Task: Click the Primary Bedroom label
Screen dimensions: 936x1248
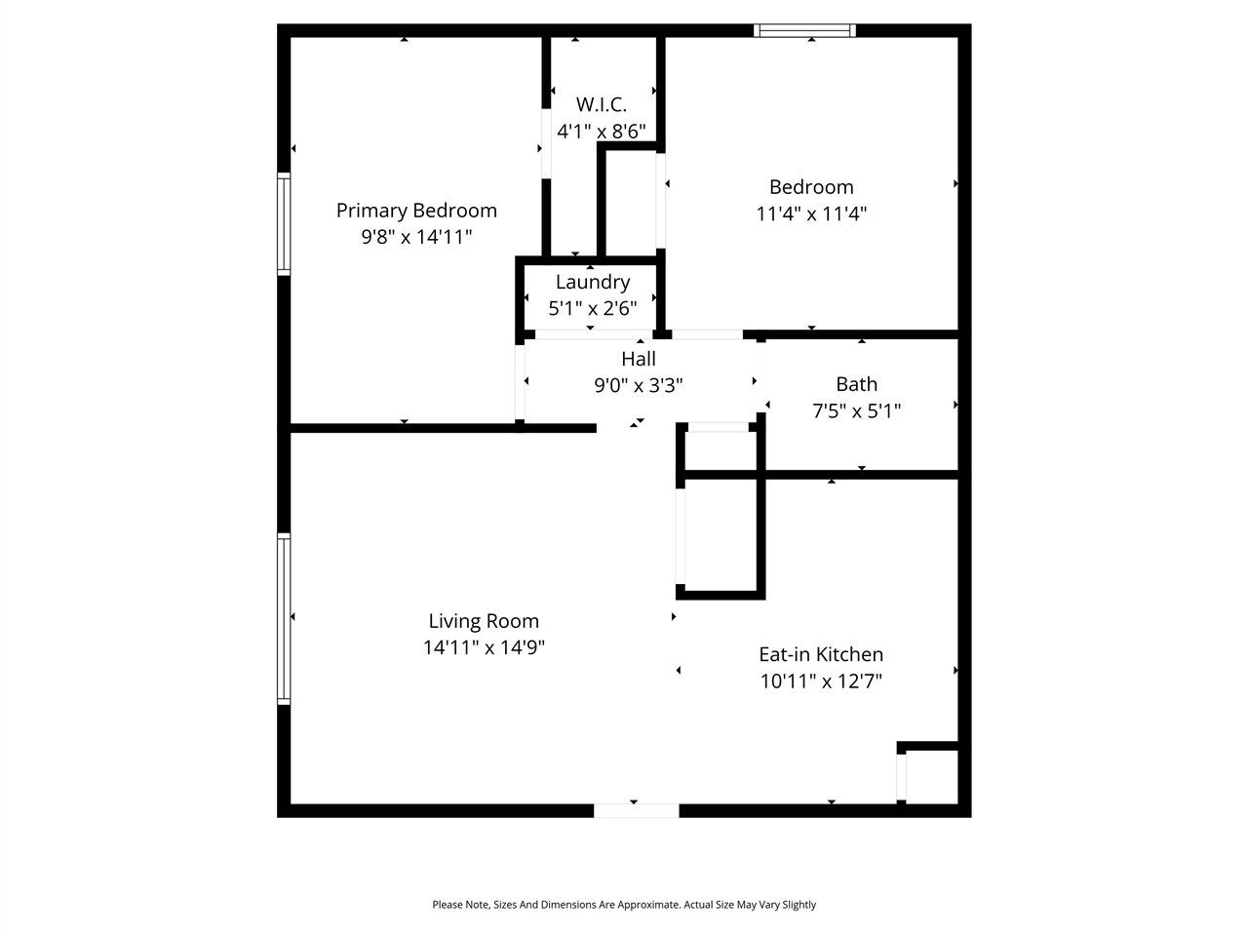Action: [416, 211]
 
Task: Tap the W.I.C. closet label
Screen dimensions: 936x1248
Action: [601, 104]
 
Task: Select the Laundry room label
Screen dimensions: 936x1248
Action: [593, 283]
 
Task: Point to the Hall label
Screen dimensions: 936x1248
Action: [639, 359]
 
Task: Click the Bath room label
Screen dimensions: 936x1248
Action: [856, 384]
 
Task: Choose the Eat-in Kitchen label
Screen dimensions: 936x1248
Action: [821, 654]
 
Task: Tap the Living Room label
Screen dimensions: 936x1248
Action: [484, 621]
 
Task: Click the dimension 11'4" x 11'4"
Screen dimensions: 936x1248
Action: [811, 214]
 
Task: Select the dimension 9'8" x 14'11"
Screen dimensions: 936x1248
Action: [416, 236]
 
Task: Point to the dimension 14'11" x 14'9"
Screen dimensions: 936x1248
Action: [484, 647]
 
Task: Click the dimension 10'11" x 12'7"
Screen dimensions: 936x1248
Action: [821, 681]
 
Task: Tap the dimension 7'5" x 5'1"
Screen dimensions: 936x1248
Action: [856, 410]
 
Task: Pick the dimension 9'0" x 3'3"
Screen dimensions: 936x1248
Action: [639, 385]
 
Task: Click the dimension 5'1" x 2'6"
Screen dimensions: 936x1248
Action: [593, 309]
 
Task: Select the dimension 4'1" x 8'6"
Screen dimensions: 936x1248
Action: [601, 131]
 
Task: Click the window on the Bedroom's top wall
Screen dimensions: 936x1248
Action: [805, 30]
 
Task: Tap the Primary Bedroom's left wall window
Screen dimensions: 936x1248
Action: [284, 223]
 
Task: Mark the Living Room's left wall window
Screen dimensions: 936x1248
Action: [284, 618]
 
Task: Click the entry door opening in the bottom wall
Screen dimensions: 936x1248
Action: [637, 810]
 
